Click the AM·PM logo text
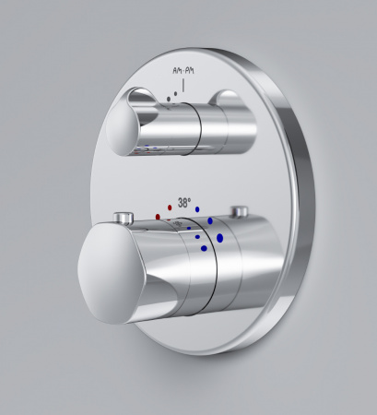tap(185, 69)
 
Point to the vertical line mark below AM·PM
tap(185, 85)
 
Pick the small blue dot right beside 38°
tap(199, 210)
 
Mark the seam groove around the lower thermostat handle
tap(213, 267)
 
